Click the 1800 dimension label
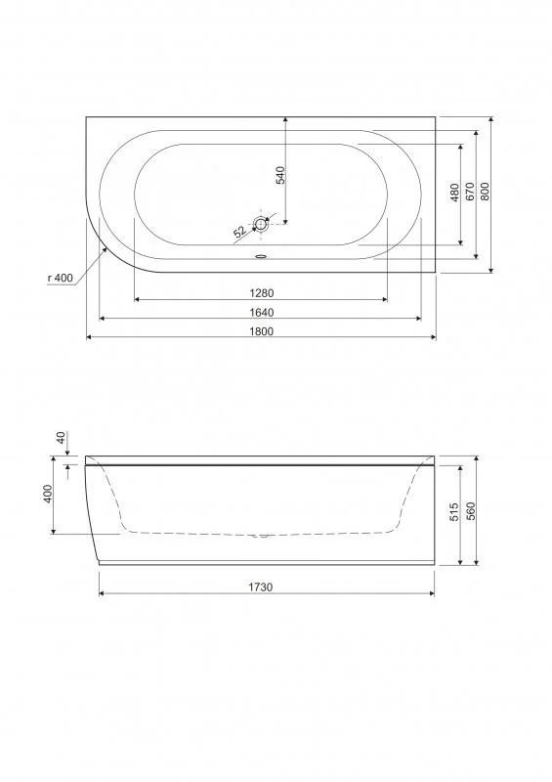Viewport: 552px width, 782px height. [x=261, y=330]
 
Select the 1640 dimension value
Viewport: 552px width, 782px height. [x=261, y=312]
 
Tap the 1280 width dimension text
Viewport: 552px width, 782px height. [x=261, y=293]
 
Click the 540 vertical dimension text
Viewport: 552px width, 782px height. [x=279, y=176]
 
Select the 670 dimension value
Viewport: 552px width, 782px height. [x=470, y=193]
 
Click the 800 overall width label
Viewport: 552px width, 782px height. [x=486, y=193]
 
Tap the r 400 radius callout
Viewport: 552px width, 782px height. [x=61, y=279]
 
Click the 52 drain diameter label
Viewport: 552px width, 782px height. [x=240, y=232]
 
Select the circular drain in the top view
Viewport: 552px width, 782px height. [x=261, y=224]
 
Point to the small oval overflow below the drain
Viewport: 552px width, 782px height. [x=261, y=258]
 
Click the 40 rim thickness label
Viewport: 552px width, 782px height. [x=61, y=439]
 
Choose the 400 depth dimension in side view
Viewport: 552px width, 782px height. [x=47, y=495]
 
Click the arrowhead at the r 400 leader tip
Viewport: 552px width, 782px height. [x=106, y=246]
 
